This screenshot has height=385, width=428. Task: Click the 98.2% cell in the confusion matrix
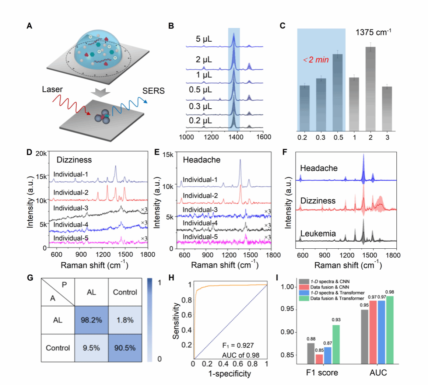pyautogui.click(x=91, y=320)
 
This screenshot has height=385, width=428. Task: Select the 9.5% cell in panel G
pyautogui.click(x=91, y=348)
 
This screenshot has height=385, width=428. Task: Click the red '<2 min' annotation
pyautogui.click(x=316, y=60)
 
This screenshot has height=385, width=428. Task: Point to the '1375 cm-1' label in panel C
pyautogui.click(x=373, y=32)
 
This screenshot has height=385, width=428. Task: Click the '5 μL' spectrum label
pyautogui.click(x=204, y=39)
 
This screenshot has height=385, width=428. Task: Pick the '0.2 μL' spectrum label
pyautogui.click(x=200, y=120)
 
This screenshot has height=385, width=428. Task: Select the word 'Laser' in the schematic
pyautogui.click(x=52, y=89)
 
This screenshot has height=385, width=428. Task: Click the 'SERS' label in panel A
pyautogui.click(x=153, y=91)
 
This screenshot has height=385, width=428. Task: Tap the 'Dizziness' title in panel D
pyautogui.click(x=74, y=160)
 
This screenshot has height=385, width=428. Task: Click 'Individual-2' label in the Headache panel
pyautogui.click(x=200, y=196)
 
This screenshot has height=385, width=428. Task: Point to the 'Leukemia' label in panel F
pyautogui.click(x=318, y=234)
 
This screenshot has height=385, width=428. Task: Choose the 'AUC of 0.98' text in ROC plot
pyautogui.click(x=241, y=355)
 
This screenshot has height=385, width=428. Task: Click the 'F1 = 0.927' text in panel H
pyautogui.click(x=238, y=346)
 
